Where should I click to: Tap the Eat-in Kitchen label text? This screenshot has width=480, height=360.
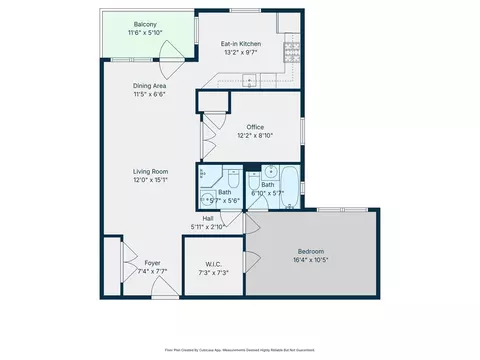[240, 44]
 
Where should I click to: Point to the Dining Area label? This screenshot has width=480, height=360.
[148, 86]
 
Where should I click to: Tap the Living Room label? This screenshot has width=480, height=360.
[151, 172]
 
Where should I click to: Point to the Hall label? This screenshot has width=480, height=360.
[208, 218]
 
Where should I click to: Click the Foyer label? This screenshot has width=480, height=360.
[138, 262]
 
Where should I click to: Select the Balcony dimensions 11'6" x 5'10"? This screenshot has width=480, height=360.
[144, 33]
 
